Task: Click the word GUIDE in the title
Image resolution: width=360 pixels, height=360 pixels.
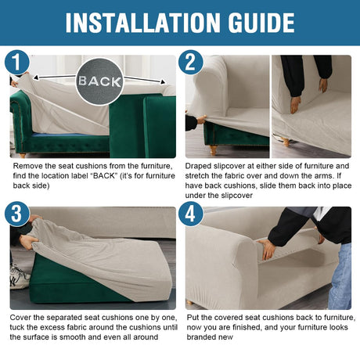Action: coord(261,23)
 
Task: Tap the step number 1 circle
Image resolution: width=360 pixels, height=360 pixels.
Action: coord(17,63)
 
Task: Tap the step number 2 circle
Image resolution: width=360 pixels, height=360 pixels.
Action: coord(191,63)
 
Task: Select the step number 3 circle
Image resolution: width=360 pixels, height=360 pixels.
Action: coord(17,214)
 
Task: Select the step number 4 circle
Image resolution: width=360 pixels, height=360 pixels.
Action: coord(191,214)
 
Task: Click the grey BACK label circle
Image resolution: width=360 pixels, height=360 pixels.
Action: coord(99,81)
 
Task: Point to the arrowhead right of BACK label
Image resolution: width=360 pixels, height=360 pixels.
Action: coord(163,82)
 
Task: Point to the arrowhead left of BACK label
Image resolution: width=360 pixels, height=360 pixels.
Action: coord(36,77)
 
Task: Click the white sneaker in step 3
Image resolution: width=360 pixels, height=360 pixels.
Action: coord(19,277)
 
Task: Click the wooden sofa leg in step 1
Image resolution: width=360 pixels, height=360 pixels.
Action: coord(23,156)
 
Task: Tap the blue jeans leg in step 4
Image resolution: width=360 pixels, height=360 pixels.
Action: coord(340,276)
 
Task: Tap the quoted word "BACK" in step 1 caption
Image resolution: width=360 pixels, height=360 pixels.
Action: coord(104,176)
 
